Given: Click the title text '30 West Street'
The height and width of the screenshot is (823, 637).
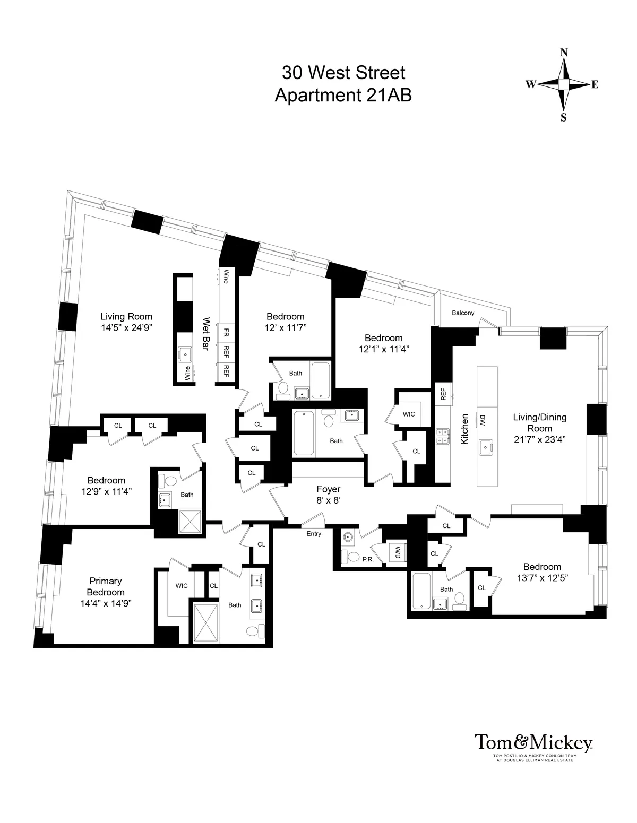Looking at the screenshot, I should pos(343,72).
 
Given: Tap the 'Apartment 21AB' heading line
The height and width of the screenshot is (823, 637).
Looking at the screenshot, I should pos(343,96).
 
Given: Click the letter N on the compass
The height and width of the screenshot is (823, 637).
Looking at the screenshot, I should pos(564,53).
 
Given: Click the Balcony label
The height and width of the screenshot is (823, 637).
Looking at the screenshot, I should pos(463,313).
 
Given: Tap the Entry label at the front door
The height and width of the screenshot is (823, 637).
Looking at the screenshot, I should pos(314,534).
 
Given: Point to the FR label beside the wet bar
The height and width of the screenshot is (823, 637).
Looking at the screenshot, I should pos(226,333).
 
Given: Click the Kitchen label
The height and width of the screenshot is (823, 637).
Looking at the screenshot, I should pos(464,429).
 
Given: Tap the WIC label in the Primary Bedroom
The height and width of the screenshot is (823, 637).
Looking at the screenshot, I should pos(182,586).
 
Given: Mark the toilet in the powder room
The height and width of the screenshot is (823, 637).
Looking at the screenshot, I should pos(354,555).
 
